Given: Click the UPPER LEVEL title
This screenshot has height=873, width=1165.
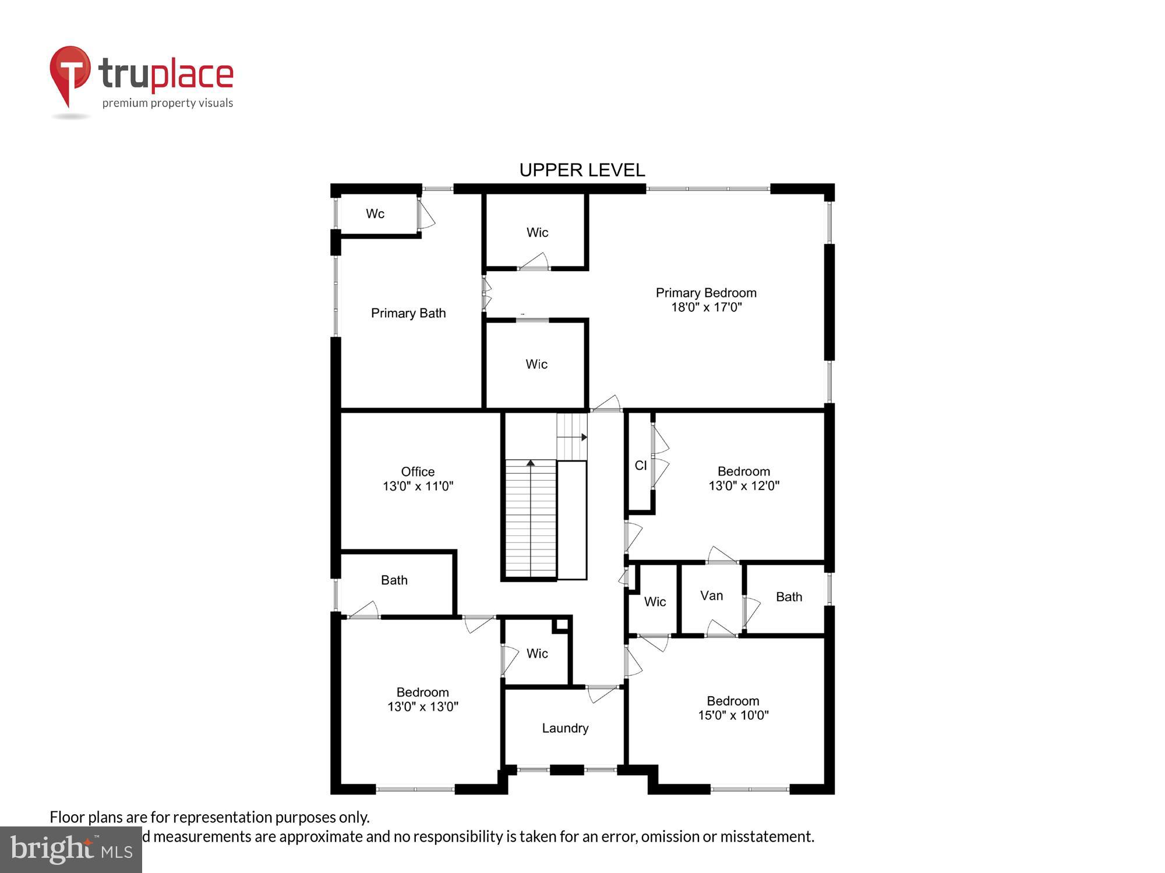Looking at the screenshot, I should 582,170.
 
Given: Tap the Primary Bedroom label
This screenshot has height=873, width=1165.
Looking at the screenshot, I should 706,293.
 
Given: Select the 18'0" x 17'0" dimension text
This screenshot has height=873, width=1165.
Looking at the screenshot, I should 706,307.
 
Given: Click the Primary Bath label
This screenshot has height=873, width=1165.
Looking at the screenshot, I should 408,313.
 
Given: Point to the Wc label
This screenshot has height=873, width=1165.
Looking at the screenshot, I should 375,214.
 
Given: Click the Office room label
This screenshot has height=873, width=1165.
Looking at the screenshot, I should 418,471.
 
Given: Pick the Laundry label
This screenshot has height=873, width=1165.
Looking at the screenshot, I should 565,728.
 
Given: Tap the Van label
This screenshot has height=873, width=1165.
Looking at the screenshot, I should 711,595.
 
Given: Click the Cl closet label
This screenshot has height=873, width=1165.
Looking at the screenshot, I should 641,465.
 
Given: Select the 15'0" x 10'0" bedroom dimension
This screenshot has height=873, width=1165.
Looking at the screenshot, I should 733,715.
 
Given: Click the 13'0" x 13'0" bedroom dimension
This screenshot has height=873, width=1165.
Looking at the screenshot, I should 423,707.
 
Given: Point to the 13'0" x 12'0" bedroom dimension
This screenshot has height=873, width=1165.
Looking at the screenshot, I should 744,485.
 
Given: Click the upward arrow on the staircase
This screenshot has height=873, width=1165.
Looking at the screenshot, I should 531,463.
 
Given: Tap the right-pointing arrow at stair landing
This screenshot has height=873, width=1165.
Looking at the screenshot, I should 583,437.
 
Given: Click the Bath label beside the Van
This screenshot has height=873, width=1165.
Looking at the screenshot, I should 789,597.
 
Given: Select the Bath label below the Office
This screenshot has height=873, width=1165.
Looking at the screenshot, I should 394,580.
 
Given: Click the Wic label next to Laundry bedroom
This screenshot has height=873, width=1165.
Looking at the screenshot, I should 537,654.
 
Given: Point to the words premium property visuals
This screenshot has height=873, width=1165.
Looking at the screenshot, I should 168,103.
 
